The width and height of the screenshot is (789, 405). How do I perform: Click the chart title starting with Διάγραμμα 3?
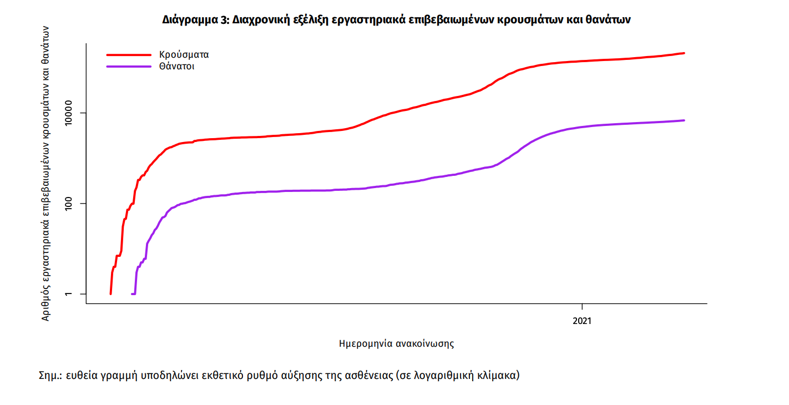[x=396, y=19]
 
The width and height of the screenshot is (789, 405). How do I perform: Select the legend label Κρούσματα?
[x=184, y=55]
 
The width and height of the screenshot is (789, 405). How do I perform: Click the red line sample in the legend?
[x=129, y=55]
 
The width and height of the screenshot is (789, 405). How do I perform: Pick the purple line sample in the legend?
[x=129, y=66]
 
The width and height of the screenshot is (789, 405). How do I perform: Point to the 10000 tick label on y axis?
[x=71, y=113]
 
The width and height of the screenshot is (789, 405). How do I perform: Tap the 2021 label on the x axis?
[x=582, y=321]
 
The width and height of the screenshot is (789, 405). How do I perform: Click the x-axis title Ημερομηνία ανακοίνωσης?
[x=396, y=343]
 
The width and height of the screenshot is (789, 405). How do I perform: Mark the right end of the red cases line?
[x=684, y=53]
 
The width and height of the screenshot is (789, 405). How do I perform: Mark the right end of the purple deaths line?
[x=684, y=120]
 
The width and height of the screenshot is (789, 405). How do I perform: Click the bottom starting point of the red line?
[x=111, y=293]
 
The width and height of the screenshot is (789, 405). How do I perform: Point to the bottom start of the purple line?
[x=132, y=293]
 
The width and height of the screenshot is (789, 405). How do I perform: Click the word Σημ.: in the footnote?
[x=50, y=376]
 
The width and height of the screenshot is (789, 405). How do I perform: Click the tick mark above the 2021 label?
[x=582, y=307]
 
